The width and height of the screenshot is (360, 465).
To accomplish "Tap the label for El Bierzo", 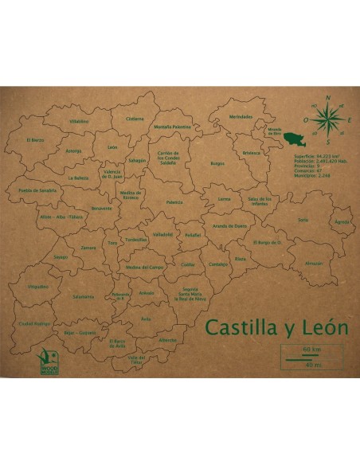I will [35, 139].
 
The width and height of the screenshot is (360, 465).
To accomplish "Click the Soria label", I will [303, 219].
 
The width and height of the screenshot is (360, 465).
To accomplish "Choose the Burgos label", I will [217, 163].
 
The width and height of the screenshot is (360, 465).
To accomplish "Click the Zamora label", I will [88, 248].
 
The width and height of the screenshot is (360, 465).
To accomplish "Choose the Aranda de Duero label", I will [230, 226].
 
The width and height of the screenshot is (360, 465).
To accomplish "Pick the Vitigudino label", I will [38, 284].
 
